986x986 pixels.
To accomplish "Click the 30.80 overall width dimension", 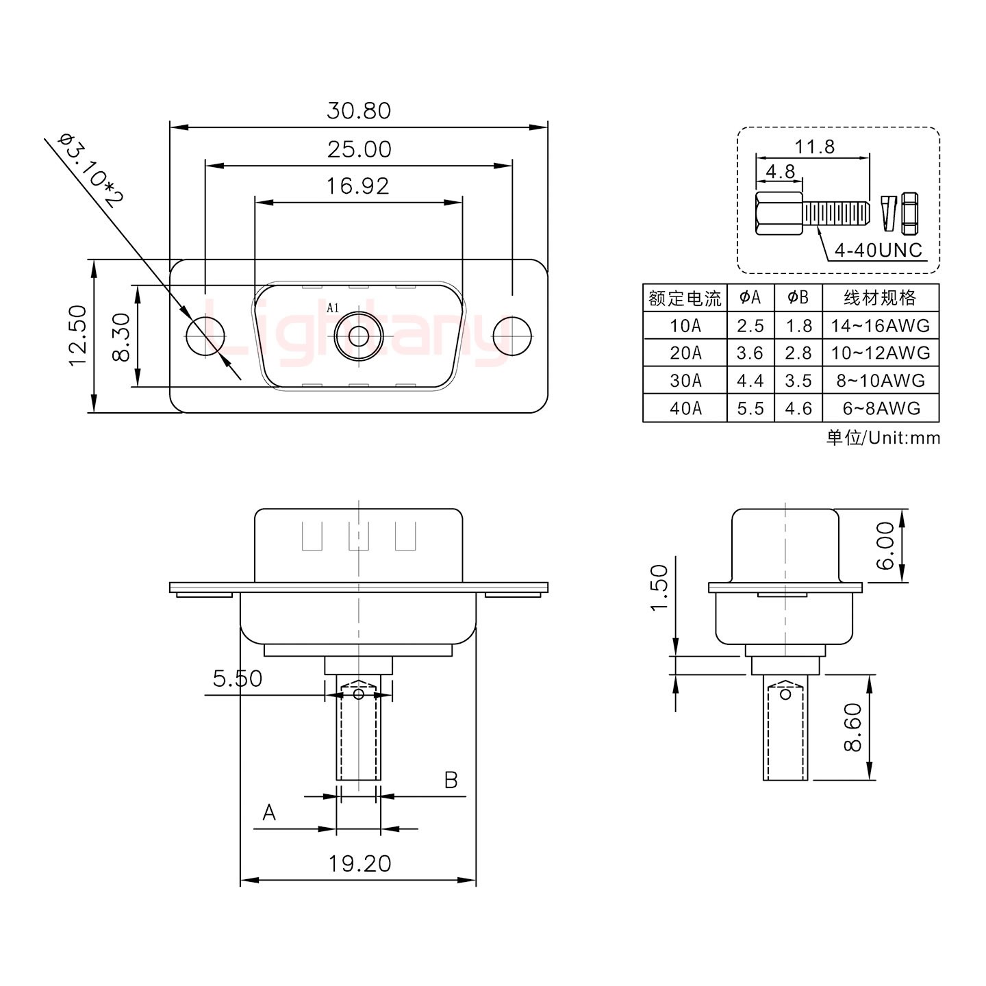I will (x=358, y=111).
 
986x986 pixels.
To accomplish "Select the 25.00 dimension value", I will (x=359, y=149).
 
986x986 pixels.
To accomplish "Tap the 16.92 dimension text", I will (x=357, y=186).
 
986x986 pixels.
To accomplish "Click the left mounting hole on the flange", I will (x=205, y=336).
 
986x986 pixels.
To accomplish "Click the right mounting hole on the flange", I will (x=512, y=336).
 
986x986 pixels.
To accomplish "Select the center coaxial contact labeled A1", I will (x=358, y=336).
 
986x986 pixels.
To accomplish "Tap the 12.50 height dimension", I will (x=77, y=336).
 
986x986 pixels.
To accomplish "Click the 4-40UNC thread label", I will (x=878, y=251).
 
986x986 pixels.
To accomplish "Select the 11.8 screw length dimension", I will (x=814, y=147).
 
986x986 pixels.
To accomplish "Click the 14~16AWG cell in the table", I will (x=880, y=326).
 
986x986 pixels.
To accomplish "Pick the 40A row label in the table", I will (x=685, y=409).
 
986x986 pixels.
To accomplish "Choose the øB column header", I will (x=798, y=298).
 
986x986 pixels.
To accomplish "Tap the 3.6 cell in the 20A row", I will (x=750, y=353).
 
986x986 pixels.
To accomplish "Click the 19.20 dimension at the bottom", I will (x=359, y=864).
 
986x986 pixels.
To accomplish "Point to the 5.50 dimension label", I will (x=237, y=679).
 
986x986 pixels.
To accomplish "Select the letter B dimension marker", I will (x=451, y=780).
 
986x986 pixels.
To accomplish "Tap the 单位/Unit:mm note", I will (x=883, y=438).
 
